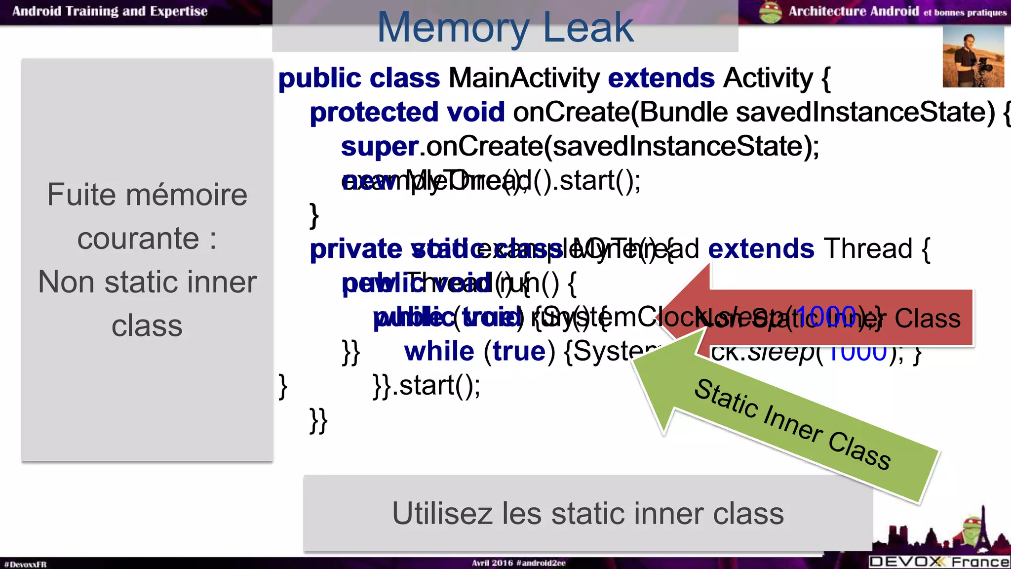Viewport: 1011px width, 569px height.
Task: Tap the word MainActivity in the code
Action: [x=524, y=78]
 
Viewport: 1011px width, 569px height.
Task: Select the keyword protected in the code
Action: [x=373, y=112]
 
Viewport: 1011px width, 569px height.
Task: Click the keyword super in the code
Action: [x=379, y=147]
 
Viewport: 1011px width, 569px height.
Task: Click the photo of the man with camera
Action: [x=973, y=57]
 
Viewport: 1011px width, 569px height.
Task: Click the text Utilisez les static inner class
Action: [x=587, y=514]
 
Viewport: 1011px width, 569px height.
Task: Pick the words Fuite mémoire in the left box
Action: [x=147, y=195]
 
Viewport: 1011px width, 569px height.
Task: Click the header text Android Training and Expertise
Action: [x=110, y=11]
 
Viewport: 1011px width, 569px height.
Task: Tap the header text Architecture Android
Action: [x=853, y=11]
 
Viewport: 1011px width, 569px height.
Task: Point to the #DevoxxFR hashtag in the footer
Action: [x=25, y=564]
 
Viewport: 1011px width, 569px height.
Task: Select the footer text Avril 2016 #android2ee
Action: [x=518, y=563]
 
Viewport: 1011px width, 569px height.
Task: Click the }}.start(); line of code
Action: [x=427, y=386]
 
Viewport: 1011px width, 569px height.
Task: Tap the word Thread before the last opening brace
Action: [x=868, y=248]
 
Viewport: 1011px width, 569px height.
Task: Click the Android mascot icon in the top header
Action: [x=771, y=12]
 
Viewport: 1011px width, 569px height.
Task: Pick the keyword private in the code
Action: [x=355, y=249]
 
